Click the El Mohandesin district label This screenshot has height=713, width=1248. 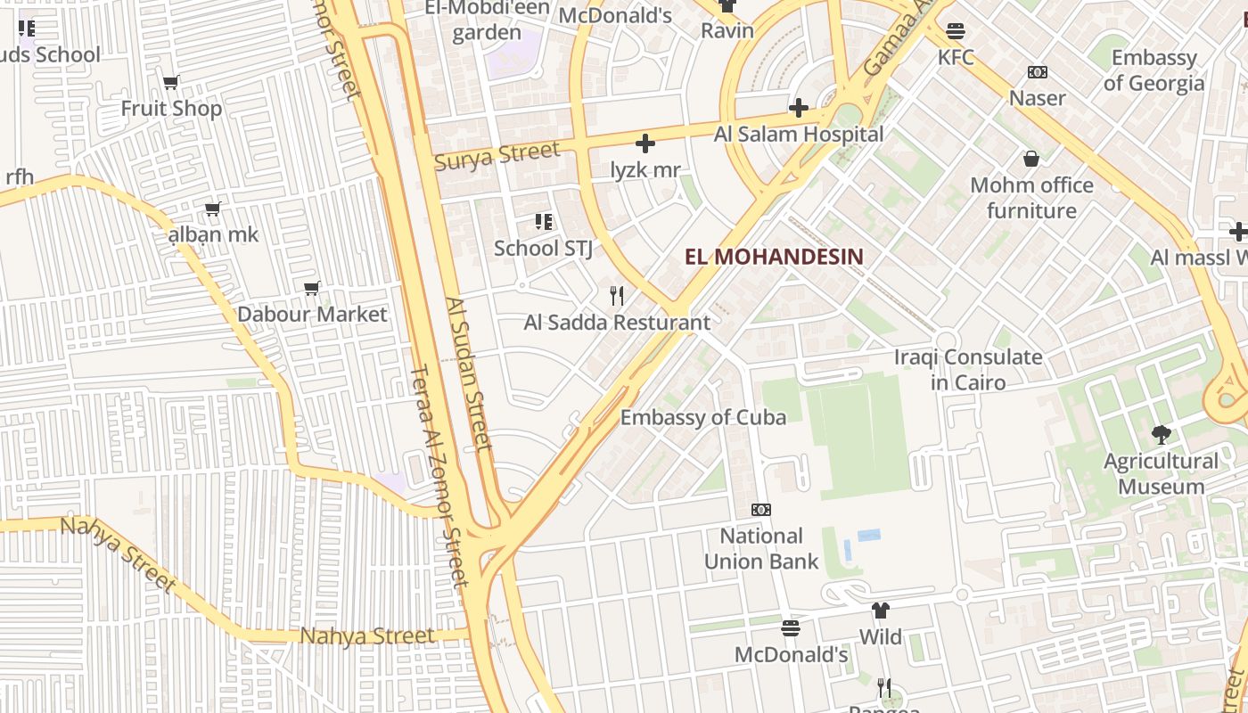coord(774,258)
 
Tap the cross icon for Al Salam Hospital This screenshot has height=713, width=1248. coord(799,109)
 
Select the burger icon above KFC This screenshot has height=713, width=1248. coord(956,31)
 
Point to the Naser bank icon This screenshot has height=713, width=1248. coord(1038,72)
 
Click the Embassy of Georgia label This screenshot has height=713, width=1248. coord(1154,70)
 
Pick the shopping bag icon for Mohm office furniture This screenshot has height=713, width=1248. coord(1031,159)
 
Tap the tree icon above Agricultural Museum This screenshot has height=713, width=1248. coord(1161,435)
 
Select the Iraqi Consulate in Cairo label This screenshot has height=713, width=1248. coord(968,370)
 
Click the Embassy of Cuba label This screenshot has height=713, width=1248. coord(703,417)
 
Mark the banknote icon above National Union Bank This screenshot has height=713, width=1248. coord(761,510)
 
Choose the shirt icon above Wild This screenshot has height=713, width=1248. coord(881,611)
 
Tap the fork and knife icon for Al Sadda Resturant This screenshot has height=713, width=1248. coord(617,296)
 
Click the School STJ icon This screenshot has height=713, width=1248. coord(543,222)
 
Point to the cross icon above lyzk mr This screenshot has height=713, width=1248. coord(645,143)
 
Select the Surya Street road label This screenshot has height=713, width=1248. coord(497,156)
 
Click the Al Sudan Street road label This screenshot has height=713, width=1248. coord(469,374)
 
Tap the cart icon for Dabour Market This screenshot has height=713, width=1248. coord(312,289)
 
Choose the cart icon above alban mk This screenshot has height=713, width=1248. coord(213,209)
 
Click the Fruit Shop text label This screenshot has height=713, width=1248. coord(171,109)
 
